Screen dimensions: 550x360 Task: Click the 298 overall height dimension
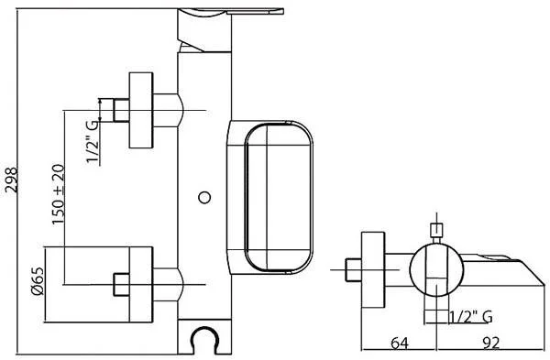click(x=11, y=180)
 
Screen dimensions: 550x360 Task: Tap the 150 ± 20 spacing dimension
click(x=59, y=194)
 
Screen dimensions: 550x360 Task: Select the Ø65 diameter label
click(x=38, y=281)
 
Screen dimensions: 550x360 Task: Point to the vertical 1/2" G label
click(x=93, y=142)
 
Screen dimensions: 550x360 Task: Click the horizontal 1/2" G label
click(x=471, y=317)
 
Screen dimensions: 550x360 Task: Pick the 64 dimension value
click(x=400, y=344)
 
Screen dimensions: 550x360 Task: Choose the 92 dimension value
click(x=490, y=344)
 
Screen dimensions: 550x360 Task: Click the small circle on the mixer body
click(x=204, y=197)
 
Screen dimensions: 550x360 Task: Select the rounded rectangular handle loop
click(x=246, y=197)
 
